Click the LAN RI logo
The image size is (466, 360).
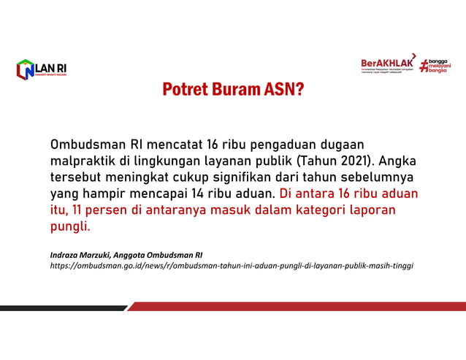pyautogui.click(x=42, y=69)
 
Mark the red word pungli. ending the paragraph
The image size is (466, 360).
pyautogui.click(x=70, y=227)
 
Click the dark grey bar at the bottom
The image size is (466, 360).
pyautogui.click(x=62, y=307)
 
